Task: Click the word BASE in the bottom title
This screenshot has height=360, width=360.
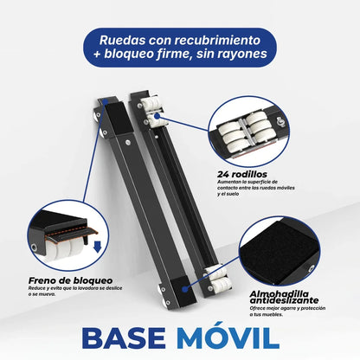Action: point(124,338)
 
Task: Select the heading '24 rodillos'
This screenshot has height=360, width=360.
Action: point(242,175)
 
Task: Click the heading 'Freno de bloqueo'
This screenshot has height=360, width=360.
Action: point(71,280)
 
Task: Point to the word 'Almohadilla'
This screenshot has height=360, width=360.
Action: point(280,294)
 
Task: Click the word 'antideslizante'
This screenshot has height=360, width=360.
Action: point(284,300)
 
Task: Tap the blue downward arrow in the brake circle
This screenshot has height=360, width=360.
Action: point(97,247)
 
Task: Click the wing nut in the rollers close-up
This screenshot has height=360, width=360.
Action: point(280,121)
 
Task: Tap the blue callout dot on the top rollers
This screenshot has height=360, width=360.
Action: point(157,116)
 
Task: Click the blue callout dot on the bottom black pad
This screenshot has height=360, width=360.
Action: point(185,289)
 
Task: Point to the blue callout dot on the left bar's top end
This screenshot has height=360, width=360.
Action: point(106,102)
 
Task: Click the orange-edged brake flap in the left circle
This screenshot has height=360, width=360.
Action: point(72,231)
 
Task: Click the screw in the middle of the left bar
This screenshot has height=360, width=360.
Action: point(128,142)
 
